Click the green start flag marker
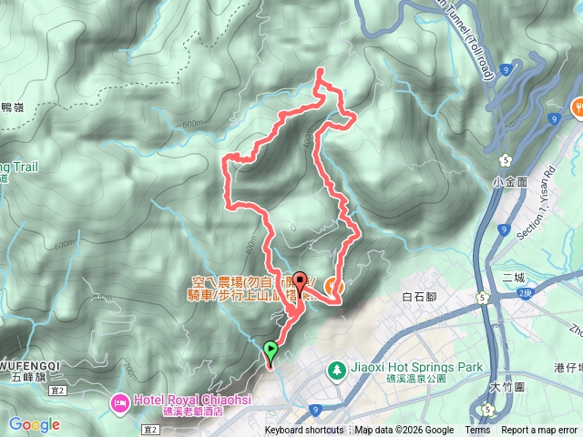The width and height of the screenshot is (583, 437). pyautogui.click(x=271, y=349)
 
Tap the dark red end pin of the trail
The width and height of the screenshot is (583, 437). pyautogui.click(x=299, y=280)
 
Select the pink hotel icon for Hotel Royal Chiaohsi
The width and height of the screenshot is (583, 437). pyautogui.click(x=119, y=401)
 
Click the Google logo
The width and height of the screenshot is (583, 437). pyautogui.click(x=35, y=424)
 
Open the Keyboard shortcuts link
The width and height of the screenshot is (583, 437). pyautogui.click(x=304, y=431)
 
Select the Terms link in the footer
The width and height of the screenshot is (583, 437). pyautogui.click(x=477, y=431)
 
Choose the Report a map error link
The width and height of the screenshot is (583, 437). pyautogui.click(x=539, y=431)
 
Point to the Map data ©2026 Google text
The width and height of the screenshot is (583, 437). pyautogui.click(x=404, y=431)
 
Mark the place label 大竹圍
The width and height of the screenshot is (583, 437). pyautogui.click(x=505, y=386)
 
